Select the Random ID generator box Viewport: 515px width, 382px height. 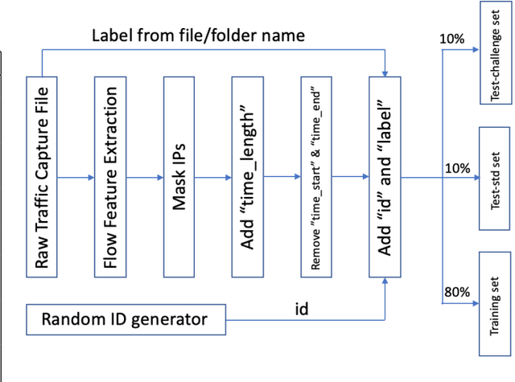coord(125,319)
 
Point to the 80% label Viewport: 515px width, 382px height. coord(455,293)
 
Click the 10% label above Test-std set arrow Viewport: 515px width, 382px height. coord(455,167)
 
